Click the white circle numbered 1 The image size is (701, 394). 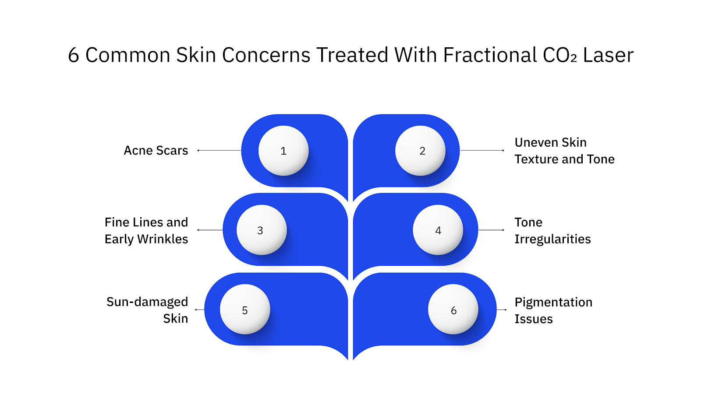click(283, 151)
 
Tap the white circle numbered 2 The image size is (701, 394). click(420, 151)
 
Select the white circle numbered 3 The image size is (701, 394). click(262, 230)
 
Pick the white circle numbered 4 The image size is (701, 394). click(438, 230)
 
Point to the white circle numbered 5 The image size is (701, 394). click(245, 310)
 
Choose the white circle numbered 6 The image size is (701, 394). click(453, 310)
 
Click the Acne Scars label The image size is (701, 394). click(156, 151)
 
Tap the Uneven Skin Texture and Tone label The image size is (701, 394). click(564, 151)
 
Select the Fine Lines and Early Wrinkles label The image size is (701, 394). click(146, 230)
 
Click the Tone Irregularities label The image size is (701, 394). click(552, 230)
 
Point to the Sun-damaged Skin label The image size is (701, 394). click(147, 310)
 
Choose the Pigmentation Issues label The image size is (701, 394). click(553, 310)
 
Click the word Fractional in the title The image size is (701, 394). click(489, 55)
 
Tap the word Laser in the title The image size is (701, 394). click(608, 55)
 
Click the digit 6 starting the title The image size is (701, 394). click(74, 56)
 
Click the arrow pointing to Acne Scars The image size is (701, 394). click(219, 151)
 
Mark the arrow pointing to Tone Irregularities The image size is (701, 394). click(491, 230)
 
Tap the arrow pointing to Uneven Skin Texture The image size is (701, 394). click(482, 151)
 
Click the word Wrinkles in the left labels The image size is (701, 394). click(163, 239)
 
